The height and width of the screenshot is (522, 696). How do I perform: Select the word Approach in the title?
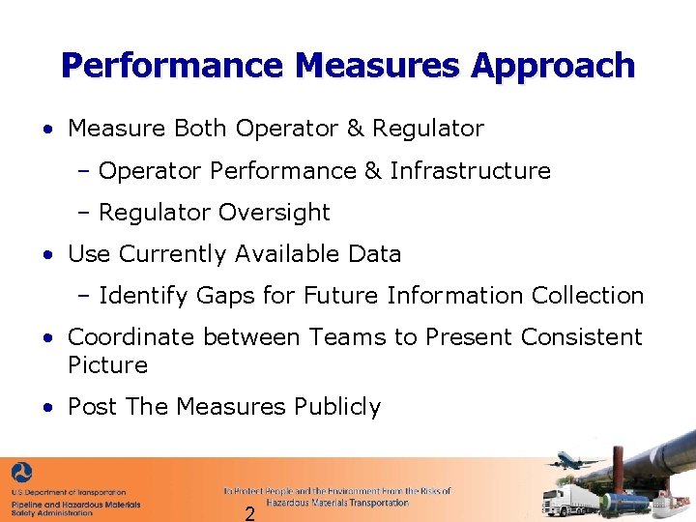[x=553, y=66]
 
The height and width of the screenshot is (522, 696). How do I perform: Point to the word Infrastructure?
[x=471, y=171]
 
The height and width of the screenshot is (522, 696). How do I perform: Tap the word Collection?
[x=585, y=296]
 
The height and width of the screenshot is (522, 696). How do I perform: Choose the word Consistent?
[x=581, y=337]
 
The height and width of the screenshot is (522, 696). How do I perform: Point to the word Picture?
[x=107, y=365]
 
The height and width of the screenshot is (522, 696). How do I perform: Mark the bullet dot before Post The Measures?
[x=47, y=408]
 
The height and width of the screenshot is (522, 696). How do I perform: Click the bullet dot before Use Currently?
[x=47, y=255]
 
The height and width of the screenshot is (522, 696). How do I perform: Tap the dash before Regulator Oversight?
[x=84, y=213]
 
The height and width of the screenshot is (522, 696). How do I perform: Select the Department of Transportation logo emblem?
[x=21, y=474]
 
